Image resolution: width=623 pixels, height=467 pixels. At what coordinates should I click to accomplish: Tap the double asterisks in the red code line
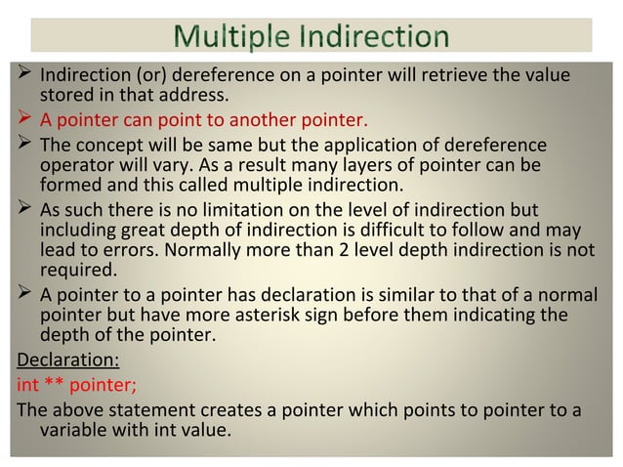[52, 383]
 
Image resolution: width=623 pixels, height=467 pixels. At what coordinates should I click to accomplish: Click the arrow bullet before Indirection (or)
[24, 75]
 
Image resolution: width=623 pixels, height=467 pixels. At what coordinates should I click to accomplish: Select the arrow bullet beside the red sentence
[24, 122]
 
